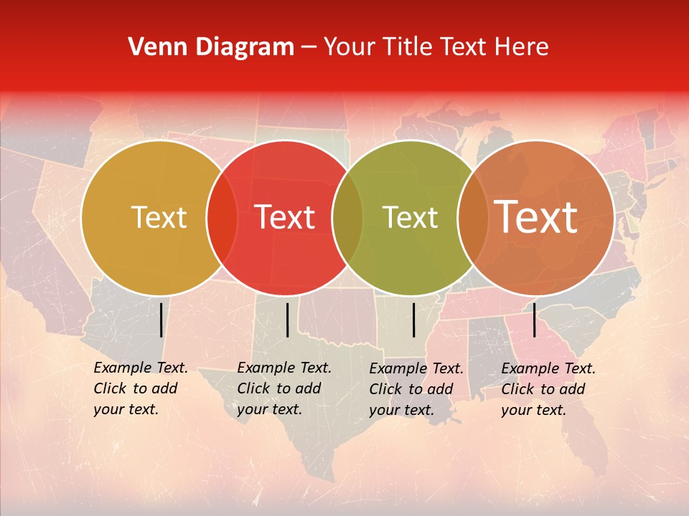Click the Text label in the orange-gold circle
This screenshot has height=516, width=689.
coord(159,217)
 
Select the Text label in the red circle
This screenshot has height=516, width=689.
coord(284,217)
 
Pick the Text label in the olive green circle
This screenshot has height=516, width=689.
coord(410,217)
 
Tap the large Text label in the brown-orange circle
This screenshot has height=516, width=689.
coord(536,217)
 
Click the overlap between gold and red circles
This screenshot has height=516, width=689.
coord(222,218)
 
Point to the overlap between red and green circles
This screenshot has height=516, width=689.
coord(347,218)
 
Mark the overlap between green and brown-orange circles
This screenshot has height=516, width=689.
coord(472,218)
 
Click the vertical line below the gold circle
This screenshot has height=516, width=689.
coord(161,320)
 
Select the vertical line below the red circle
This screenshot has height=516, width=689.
coord(287,320)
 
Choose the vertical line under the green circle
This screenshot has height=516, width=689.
coord(414,320)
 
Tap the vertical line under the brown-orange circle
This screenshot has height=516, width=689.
coord(534,320)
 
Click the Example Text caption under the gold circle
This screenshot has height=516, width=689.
coord(140,388)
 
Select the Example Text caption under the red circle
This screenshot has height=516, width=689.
coord(283,388)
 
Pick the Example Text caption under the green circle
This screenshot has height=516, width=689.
coord(416,389)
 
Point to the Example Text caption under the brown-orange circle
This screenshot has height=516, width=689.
coord(548,389)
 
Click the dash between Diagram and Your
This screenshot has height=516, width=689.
coord(309,48)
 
